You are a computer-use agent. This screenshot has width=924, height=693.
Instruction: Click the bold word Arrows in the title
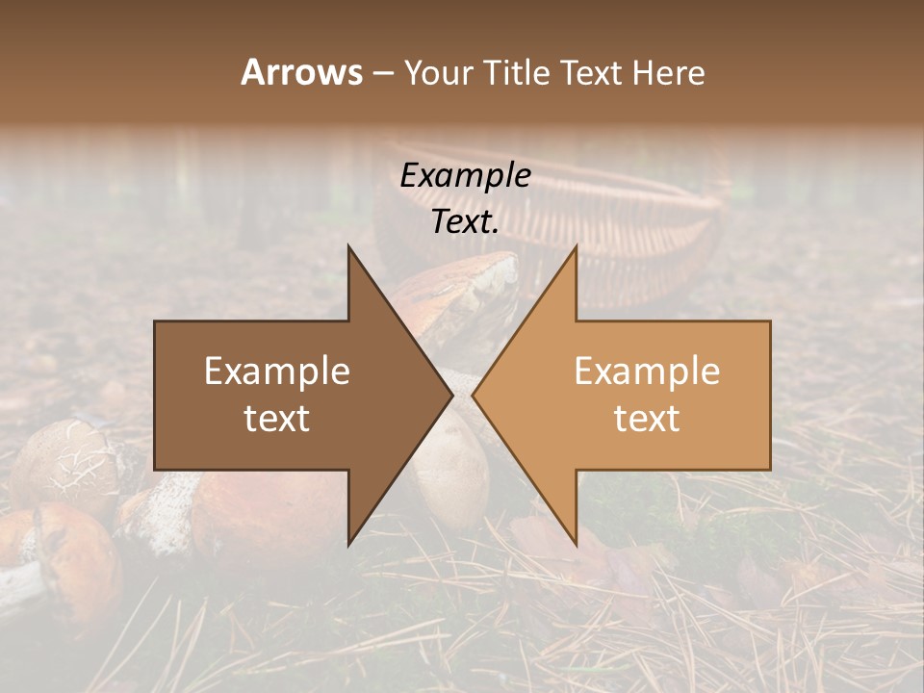pyautogui.click(x=301, y=72)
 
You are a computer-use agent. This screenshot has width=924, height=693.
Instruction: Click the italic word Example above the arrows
pyautogui.click(x=466, y=175)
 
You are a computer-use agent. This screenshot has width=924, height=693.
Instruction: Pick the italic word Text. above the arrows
pyautogui.click(x=466, y=221)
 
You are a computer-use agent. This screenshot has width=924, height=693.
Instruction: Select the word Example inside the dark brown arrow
pyautogui.click(x=277, y=371)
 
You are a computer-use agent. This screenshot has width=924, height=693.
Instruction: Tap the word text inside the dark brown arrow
pyautogui.click(x=277, y=418)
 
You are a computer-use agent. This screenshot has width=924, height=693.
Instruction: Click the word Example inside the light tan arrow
pyautogui.click(x=647, y=371)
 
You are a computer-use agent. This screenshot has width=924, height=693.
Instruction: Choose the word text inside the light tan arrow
pyautogui.click(x=647, y=418)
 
